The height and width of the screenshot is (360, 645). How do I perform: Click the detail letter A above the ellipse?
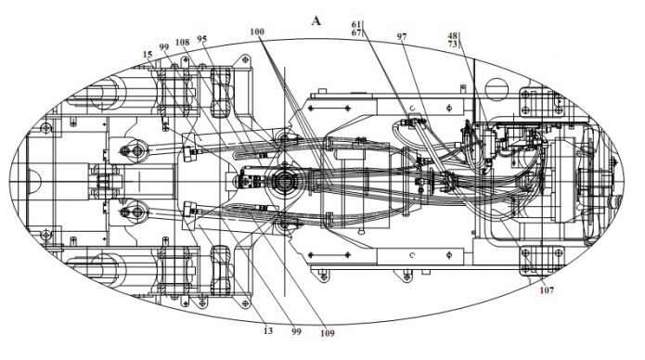pos(316,20)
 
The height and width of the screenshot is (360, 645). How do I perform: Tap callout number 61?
pos(356,25)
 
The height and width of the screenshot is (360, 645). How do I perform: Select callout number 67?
pos(356,32)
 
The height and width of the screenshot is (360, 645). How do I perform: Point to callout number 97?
pos(402,36)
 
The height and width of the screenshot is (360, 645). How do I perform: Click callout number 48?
pos(453,36)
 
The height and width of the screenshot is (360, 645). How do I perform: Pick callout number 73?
pos(453,44)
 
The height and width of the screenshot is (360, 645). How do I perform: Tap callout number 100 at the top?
pos(257,32)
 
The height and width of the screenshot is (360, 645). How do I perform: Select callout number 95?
pos(202,39)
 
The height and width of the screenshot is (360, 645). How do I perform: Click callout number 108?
pos(182,42)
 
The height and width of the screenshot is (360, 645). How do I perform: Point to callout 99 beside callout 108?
pos(164,47)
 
